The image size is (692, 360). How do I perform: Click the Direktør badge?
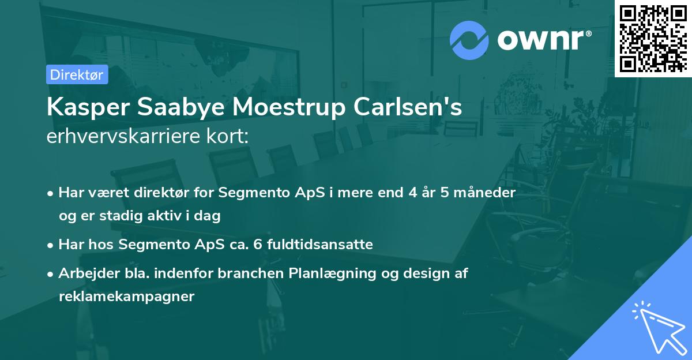pos(77,74)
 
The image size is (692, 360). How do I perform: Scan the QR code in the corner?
pos(653,38)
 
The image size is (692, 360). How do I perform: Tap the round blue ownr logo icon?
pos(469,40)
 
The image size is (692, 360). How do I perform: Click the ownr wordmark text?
pos(544,40)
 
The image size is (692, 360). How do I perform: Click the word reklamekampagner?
pos(127,297)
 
